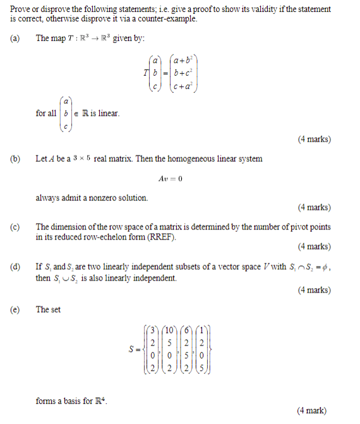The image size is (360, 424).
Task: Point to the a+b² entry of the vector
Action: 185,61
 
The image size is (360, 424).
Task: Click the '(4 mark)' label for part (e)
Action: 311,410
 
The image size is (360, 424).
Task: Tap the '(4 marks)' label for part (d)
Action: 313,290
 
